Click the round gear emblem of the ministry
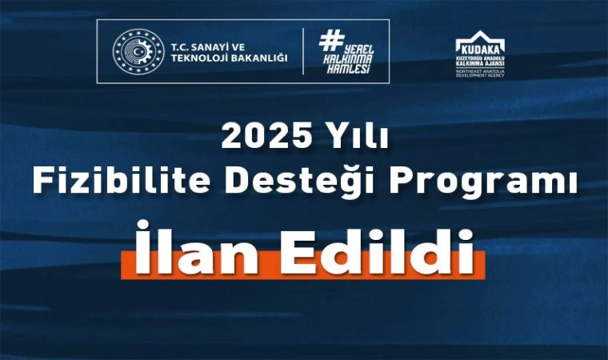(x=135, y=51)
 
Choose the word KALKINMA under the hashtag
(x=347, y=59)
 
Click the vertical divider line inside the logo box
(x=303, y=51)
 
